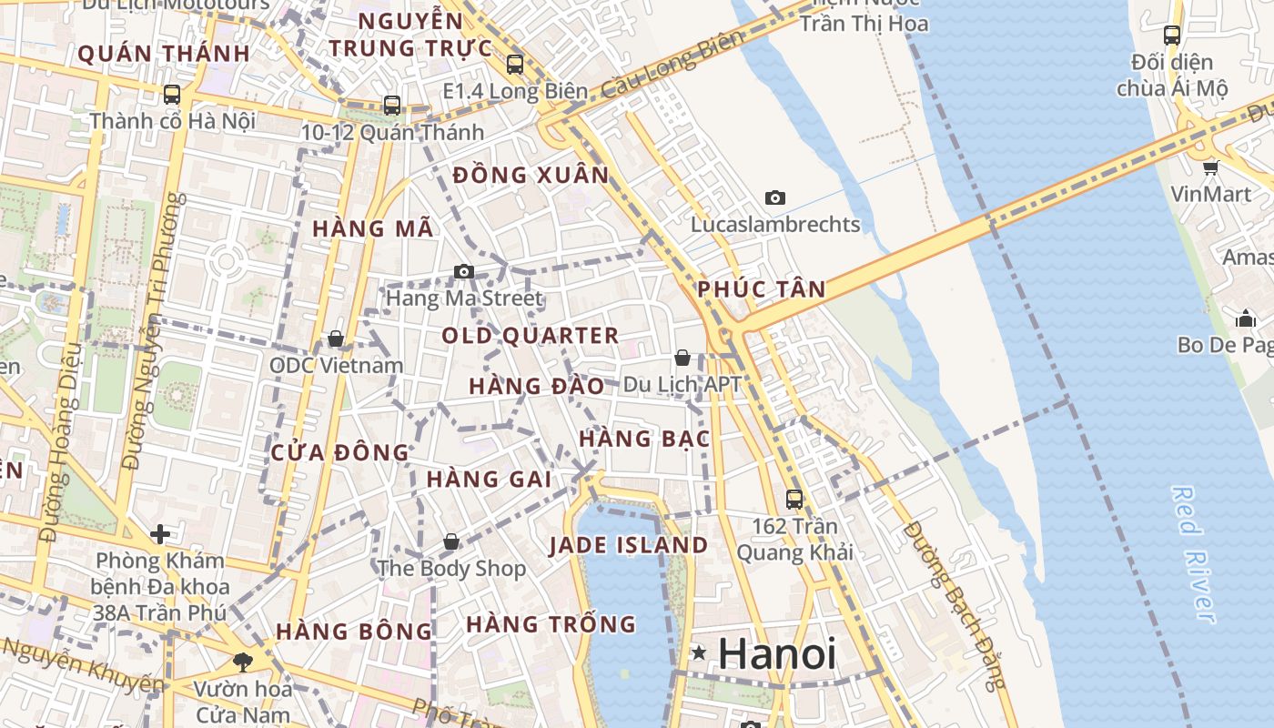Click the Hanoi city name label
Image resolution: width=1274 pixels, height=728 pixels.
776,654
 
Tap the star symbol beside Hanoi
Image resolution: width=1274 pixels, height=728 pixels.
699,652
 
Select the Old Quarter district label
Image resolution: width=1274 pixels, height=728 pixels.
531,336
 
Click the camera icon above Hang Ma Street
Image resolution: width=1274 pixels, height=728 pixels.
464,271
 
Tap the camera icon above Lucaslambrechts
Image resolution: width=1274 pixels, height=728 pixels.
775,197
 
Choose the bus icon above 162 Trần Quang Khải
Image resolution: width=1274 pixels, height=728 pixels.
794,499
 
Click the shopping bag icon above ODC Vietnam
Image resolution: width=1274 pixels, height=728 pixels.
336,339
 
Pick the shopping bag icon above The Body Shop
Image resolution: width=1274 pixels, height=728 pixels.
451,542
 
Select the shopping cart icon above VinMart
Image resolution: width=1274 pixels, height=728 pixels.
1210,167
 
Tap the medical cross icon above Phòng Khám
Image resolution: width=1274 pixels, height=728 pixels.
160,533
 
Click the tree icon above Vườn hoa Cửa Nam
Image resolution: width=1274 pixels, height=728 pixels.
242,662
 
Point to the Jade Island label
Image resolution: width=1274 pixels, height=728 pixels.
629,546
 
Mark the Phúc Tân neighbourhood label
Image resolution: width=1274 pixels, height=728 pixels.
762,290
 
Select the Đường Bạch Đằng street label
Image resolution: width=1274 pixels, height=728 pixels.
955,604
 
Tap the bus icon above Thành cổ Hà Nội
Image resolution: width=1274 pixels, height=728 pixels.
171,94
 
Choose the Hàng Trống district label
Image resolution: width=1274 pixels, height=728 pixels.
551,624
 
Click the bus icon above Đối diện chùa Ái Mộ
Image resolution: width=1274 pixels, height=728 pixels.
1172,35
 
